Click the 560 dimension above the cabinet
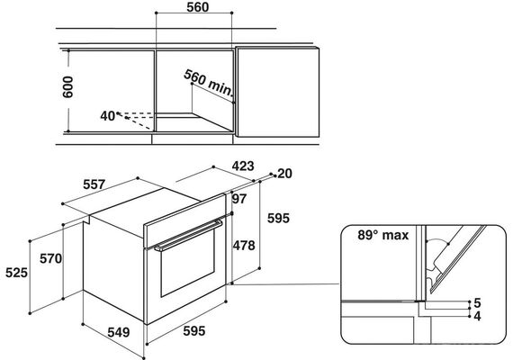tap(198, 7)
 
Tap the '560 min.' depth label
tap(209, 83)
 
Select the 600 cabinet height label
tap(68, 86)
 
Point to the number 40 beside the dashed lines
tap(108, 116)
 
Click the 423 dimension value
tap(243, 166)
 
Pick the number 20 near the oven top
tap(284, 174)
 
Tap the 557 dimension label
tap(94, 184)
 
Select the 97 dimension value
tap(239, 199)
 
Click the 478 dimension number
tap(244, 245)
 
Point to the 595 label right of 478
tap(278, 218)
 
